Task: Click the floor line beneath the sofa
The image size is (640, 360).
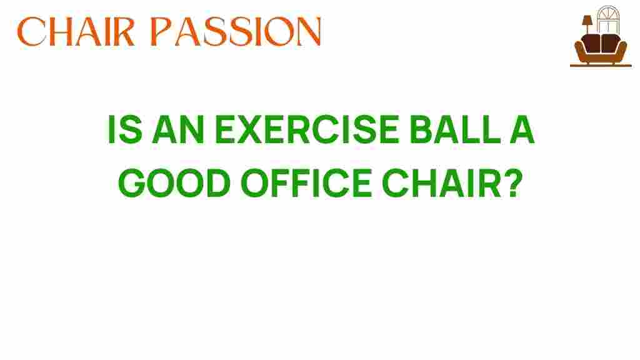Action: coord(601,66)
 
